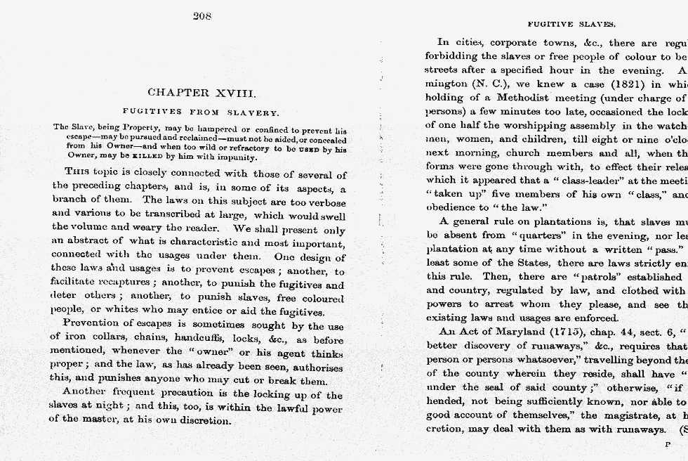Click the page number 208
202,16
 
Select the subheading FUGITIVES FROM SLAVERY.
201,112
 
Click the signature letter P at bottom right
668,444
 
